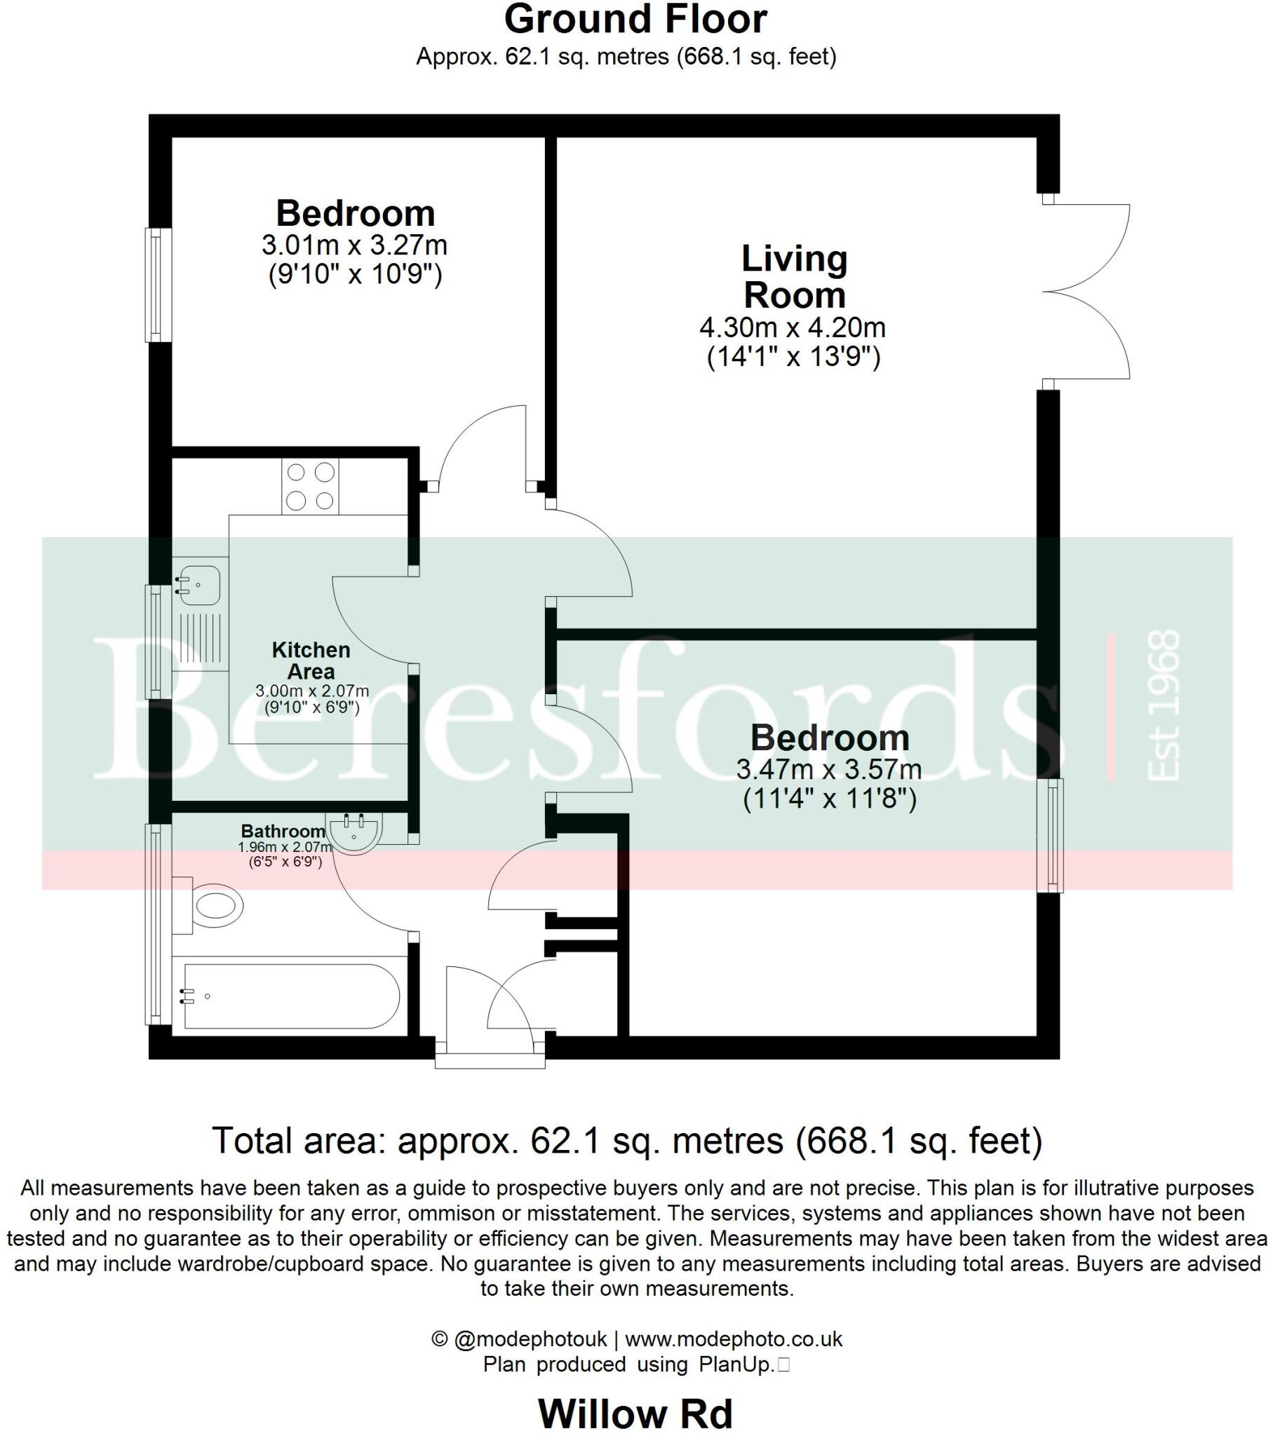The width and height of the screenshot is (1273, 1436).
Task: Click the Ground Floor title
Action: point(635,20)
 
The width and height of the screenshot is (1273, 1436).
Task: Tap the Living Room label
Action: point(794,276)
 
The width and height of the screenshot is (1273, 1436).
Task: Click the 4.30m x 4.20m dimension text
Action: point(792,327)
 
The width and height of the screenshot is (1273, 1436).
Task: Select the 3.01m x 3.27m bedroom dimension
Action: point(354,245)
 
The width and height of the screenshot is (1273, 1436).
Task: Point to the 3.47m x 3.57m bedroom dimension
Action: point(829,769)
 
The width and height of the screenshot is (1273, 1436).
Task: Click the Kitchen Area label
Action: point(311,661)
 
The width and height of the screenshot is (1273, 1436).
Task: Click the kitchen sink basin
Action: point(199,584)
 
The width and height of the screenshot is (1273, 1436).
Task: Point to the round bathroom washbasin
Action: point(354,832)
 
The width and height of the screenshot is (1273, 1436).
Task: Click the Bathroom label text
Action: point(283,831)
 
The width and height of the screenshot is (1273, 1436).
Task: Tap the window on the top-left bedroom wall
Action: point(158,285)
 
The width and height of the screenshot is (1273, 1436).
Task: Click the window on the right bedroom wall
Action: point(1051,835)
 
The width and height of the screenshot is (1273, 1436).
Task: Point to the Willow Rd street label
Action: point(635,1414)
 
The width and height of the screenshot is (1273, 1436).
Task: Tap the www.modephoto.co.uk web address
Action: point(733,1339)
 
